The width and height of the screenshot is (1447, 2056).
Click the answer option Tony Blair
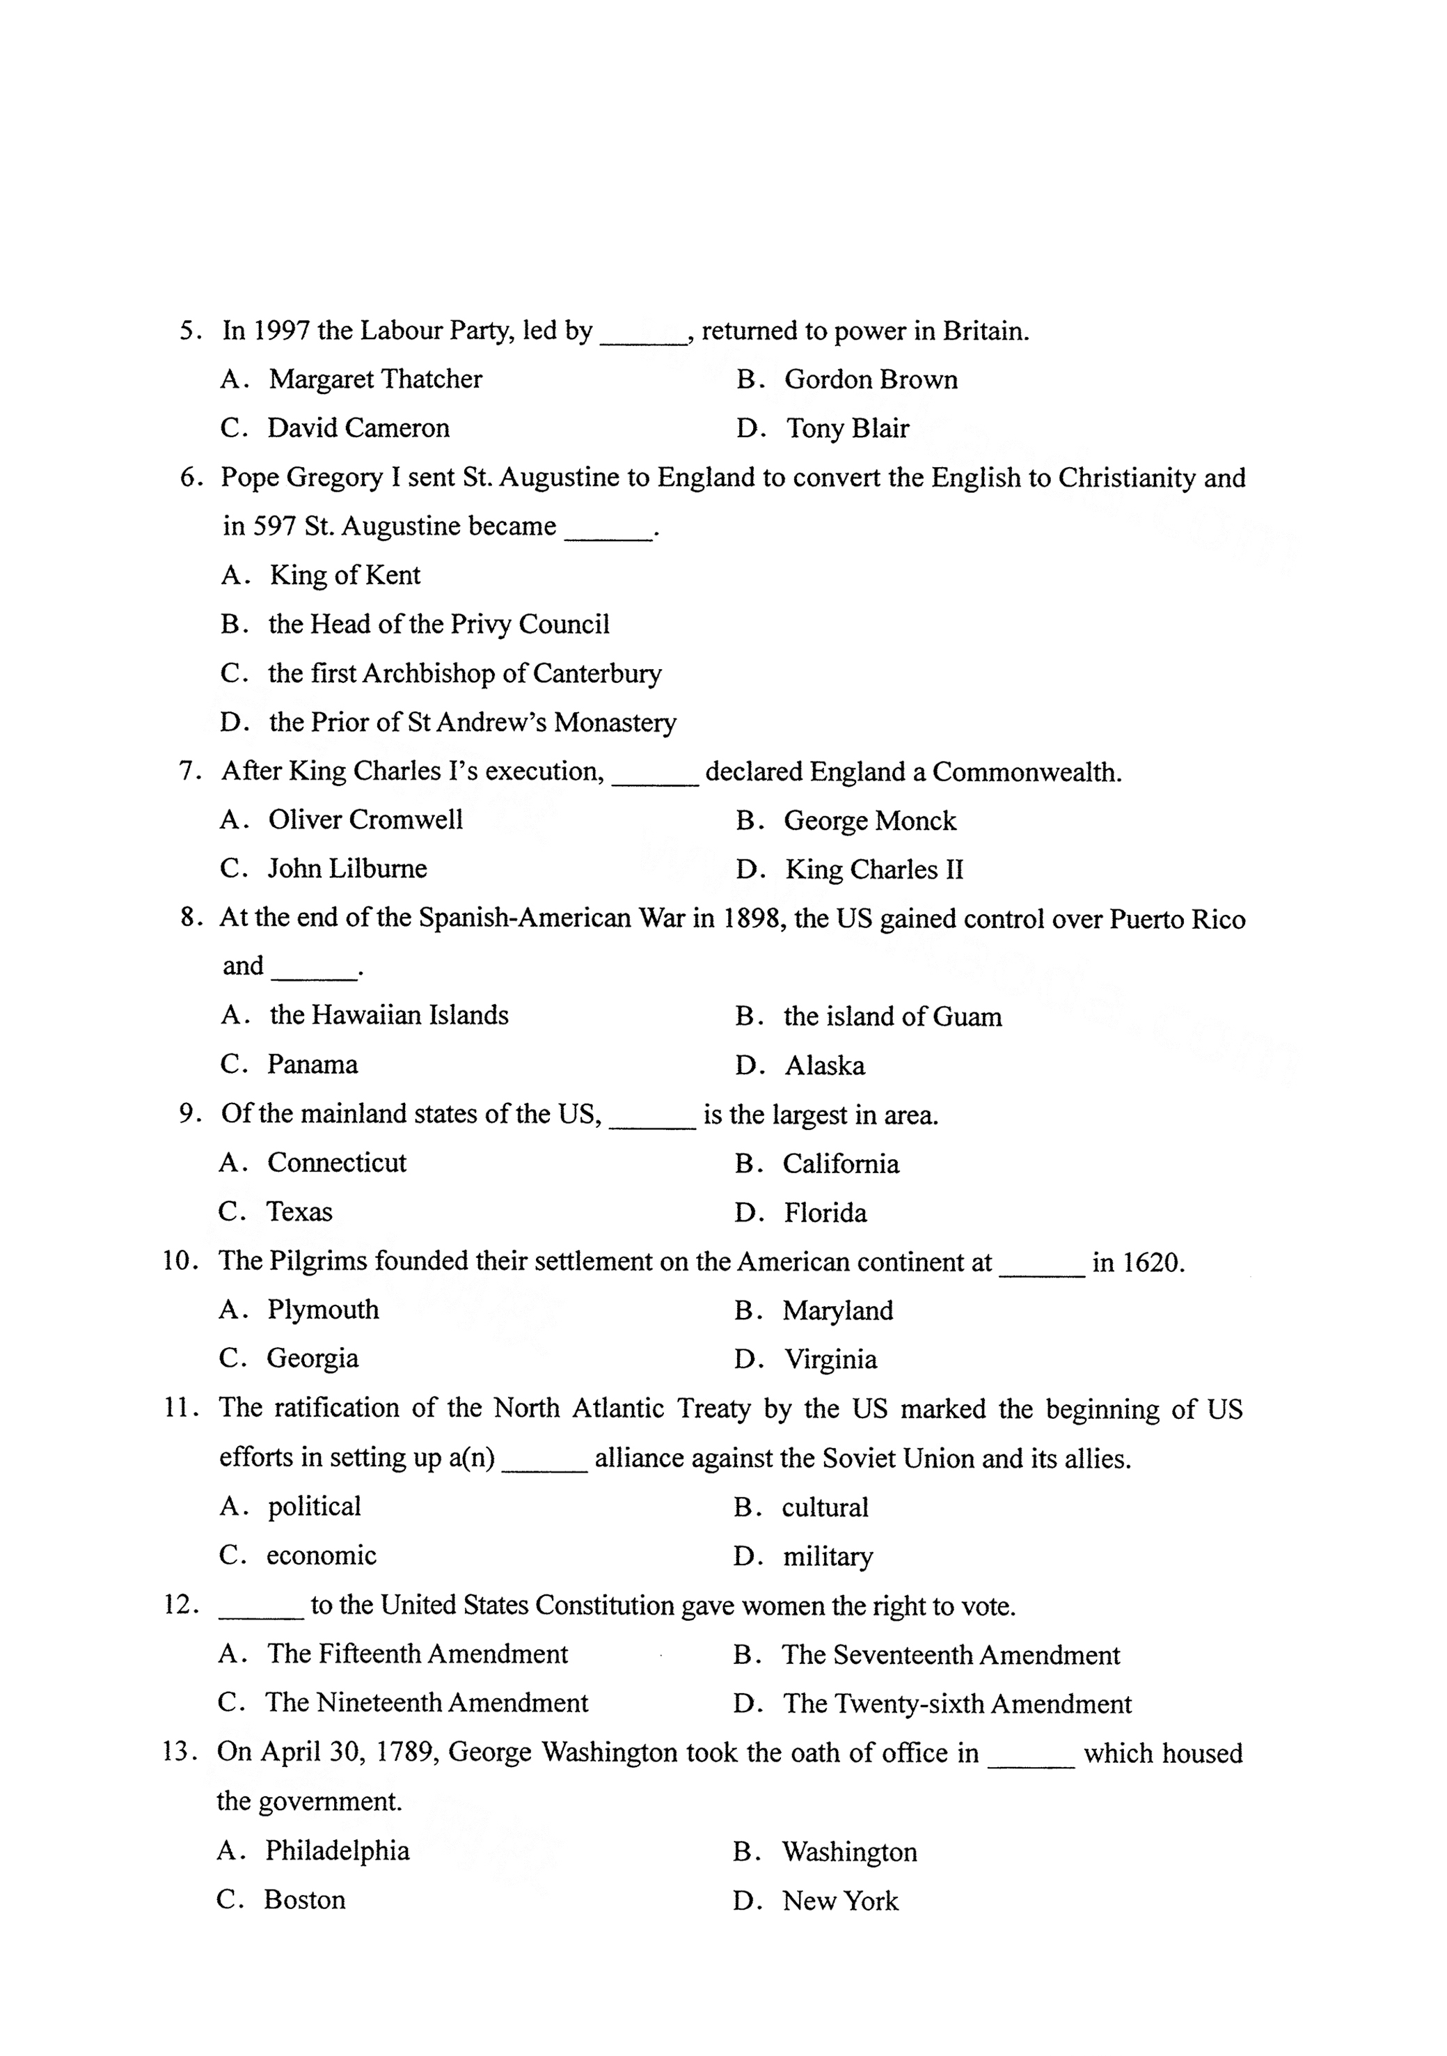point(846,429)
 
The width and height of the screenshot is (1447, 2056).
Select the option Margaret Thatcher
point(374,379)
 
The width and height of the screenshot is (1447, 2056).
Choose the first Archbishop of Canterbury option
point(464,673)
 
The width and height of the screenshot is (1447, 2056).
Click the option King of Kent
point(345,575)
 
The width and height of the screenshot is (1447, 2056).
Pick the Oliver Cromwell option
point(365,820)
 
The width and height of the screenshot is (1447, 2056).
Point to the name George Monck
point(869,821)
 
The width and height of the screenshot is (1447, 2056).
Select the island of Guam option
point(892,1017)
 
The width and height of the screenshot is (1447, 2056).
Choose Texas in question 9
point(299,1212)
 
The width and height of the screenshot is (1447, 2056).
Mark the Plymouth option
point(322,1310)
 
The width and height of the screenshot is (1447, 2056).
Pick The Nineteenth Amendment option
point(426,1703)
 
